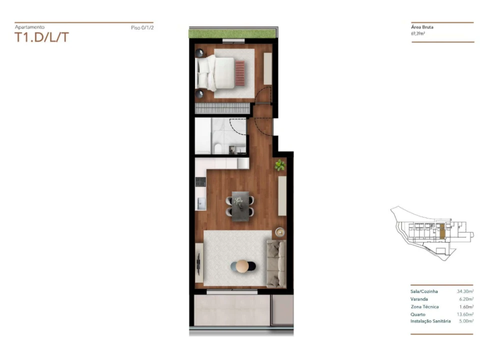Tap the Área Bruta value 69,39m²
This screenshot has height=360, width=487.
pyautogui.click(x=417, y=34)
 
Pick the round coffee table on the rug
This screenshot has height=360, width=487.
pyautogui.click(x=242, y=266)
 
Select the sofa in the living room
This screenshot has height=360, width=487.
pyautogui.click(x=275, y=263)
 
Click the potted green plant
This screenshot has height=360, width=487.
pyautogui.click(x=279, y=165)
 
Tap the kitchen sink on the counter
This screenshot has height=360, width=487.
pyautogui.click(x=201, y=203)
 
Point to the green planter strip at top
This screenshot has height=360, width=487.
pyautogui.click(x=230, y=33)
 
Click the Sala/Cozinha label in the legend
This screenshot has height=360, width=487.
pyautogui.click(x=424, y=291)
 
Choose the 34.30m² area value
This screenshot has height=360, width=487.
pyautogui.click(x=464, y=291)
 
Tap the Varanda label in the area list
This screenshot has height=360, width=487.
pyautogui.click(x=419, y=298)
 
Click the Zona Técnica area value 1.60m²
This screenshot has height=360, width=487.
pyautogui.click(x=465, y=306)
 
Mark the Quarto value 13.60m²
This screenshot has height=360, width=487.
pyautogui.click(x=464, y=314)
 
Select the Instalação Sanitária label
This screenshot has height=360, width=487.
pyautogui.click(x=430, y=321)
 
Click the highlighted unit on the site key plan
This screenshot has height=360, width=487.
pyautogui.click(x=441, y=231)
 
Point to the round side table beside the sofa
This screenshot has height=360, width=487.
pyautogui.click(x=279, y=232)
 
